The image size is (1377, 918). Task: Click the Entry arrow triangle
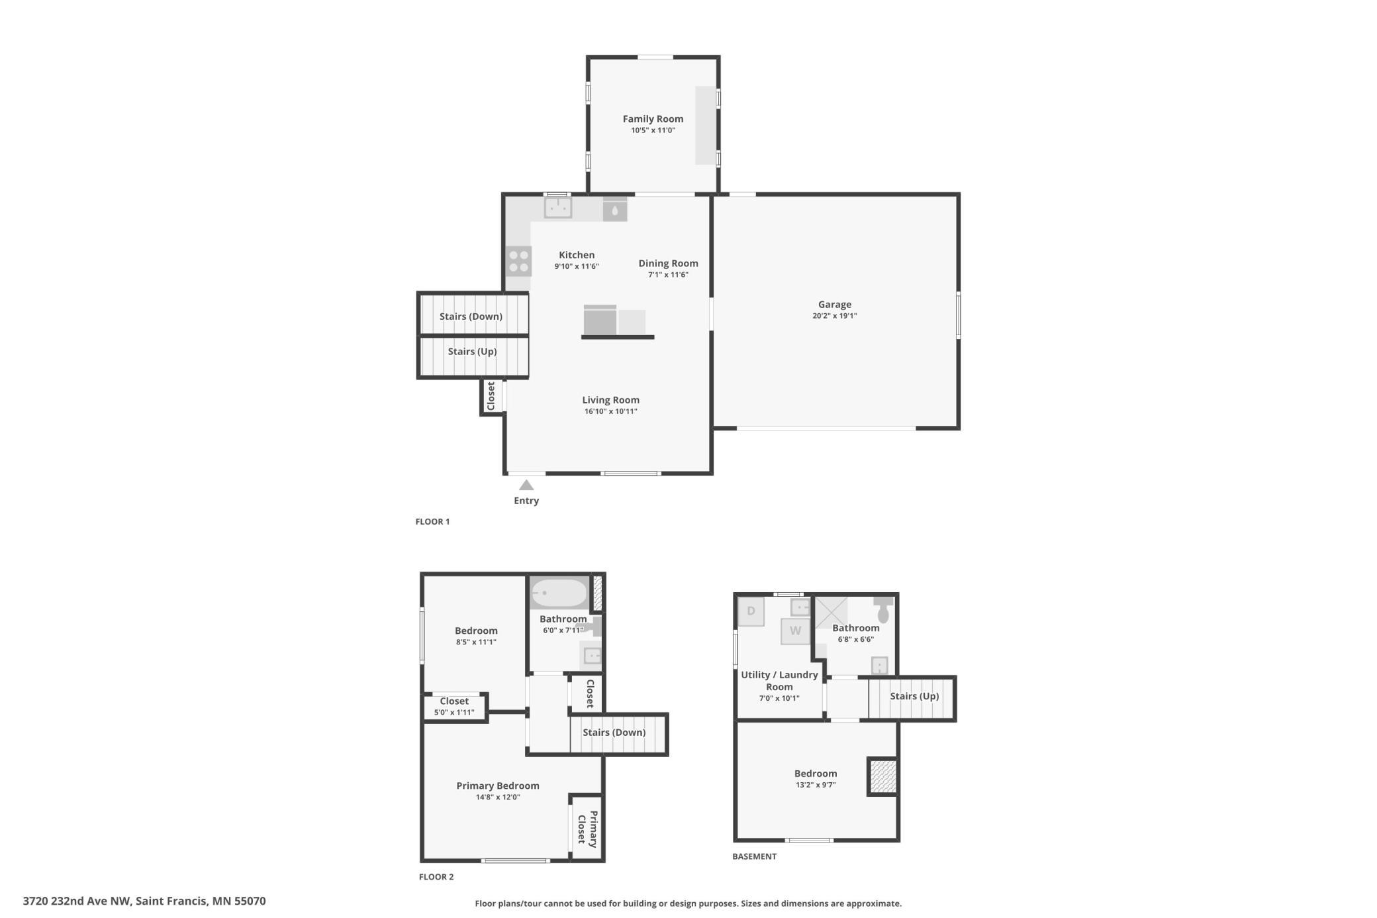526,485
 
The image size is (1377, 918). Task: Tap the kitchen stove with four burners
518,261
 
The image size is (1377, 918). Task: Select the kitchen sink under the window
557,207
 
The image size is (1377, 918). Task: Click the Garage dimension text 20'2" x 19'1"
834,316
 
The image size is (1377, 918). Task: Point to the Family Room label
653,119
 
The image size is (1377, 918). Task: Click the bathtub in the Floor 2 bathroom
559,593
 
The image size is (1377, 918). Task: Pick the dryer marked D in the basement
751,611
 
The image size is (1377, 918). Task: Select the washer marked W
795,631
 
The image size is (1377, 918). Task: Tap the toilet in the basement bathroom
883,609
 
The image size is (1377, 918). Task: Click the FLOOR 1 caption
432,522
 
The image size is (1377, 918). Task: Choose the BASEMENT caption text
754,856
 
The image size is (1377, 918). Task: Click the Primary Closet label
587,829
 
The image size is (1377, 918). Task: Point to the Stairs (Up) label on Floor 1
472,352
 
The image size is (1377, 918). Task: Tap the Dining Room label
668,264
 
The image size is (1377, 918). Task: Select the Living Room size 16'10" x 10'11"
610,411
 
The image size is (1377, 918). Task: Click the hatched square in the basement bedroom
882,776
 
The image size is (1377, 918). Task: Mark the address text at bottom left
144,901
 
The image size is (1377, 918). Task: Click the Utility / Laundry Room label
779,681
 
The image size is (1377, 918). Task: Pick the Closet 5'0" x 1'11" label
454,706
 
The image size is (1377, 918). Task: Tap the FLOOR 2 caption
436,877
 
